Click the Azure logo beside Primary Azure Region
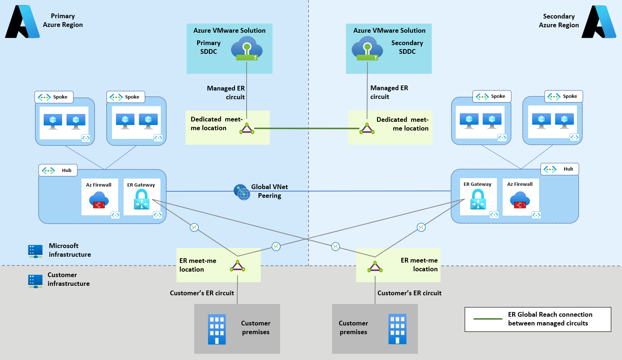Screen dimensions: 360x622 point(23,22)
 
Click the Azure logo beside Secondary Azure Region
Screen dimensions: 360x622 point(599,22)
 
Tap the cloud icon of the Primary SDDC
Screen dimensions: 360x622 point(247,51)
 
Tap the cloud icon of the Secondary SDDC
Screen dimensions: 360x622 point(367,51)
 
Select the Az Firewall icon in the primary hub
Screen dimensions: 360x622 point(99,200)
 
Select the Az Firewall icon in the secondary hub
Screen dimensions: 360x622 point(520,200)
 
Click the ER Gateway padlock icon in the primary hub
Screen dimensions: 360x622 point(141,200)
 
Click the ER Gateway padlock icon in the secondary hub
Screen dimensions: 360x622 point(478,200)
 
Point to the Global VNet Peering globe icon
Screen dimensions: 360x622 point(242,192)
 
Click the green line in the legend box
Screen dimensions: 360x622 point(488,319)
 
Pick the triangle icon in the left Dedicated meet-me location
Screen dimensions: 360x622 point(247,129)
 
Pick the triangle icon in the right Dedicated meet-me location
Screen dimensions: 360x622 point(367,129)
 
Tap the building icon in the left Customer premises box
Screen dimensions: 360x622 point(217,329)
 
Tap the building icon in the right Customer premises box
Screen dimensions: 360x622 point(397,329)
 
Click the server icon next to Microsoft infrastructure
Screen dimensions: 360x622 point(35,251)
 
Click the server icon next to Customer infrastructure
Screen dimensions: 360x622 point(35,281)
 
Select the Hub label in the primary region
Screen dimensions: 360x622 point(58,170)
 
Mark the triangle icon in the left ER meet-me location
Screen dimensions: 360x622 point(238,266)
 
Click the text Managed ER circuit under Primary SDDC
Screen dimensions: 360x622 point(226,93)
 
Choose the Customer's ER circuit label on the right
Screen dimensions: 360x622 point(409,293)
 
